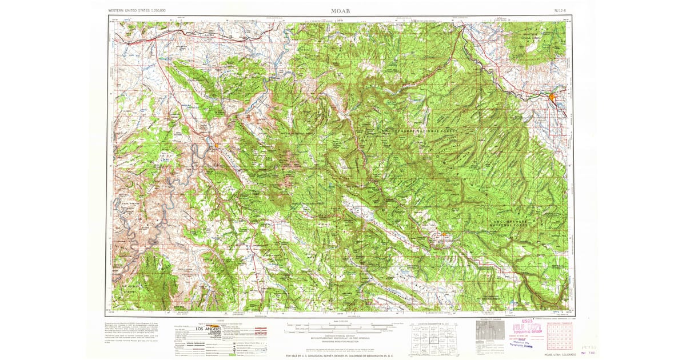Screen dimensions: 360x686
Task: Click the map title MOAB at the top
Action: [341, 11]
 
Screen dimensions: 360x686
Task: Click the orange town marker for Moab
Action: [217, 146]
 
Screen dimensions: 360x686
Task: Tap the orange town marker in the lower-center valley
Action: [443, 234]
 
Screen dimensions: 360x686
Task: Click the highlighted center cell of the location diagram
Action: [433, 337]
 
